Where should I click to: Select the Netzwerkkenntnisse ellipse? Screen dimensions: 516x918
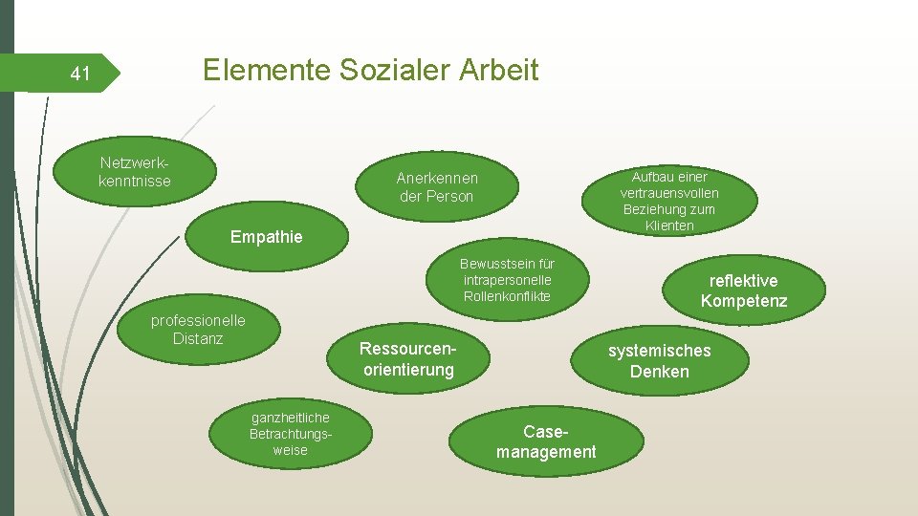point(135,171)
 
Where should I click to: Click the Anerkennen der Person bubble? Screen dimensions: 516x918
point(437,186)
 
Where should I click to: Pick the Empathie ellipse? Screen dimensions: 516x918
point(266,237)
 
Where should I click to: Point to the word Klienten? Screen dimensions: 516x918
point(669,226)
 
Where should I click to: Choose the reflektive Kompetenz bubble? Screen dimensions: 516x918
point(743,290)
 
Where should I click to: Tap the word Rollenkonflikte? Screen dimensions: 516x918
point(507,296)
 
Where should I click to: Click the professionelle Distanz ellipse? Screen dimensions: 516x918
point(199,330)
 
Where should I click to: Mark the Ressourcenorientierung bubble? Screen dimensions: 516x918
point(408,359)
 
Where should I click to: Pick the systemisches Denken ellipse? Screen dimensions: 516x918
point(659,360)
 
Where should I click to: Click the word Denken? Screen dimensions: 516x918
point(659,372)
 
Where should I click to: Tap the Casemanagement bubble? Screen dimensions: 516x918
point(546,441)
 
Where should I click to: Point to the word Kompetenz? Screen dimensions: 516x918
point(743,302)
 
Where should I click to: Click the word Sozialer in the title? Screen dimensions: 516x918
point(391,70)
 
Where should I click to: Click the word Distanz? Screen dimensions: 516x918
point(198,338)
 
